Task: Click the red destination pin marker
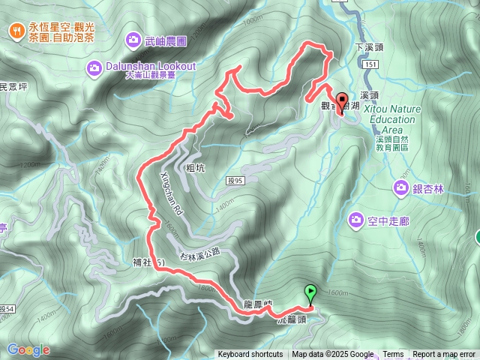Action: point(342,103)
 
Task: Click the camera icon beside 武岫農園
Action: point(133,38)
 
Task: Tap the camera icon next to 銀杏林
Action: point(400,189)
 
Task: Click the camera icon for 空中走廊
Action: point(356,219)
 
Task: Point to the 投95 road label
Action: point(234,181)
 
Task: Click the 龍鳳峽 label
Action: point(257,304)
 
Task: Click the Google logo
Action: point(28,349)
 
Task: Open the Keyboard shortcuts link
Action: point(250,355)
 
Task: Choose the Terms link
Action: point(393,355)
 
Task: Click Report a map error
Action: point(444,355)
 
